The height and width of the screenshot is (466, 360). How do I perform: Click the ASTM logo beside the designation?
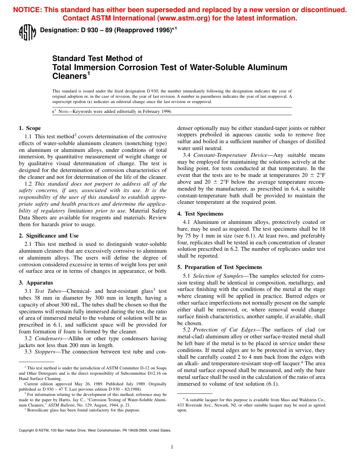click(x=27, y=32)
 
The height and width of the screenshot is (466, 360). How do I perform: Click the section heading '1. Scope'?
click(x=30, y=128)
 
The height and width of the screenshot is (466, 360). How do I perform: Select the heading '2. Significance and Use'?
click(x=49, y=236)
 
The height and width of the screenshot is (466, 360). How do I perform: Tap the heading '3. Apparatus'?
click(x=36, y=283)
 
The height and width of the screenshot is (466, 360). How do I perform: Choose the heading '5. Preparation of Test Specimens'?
click(x=219, y=267)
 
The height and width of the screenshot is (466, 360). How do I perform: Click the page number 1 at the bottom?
click(x=172, y=447)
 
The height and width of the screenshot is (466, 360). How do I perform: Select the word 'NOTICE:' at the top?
click(x=27, y=10)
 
